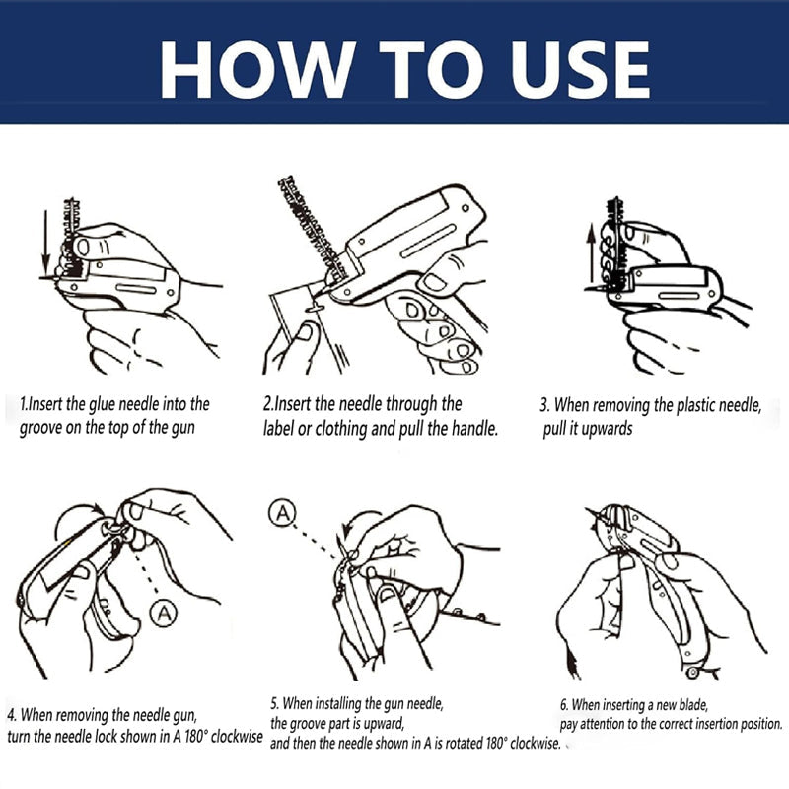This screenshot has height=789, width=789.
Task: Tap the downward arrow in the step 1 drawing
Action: point(44,242)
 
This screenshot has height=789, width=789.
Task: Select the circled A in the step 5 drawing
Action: point(284,513)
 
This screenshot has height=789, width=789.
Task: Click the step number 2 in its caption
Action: point(267,403)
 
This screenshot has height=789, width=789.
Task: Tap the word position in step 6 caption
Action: point(757,724)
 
